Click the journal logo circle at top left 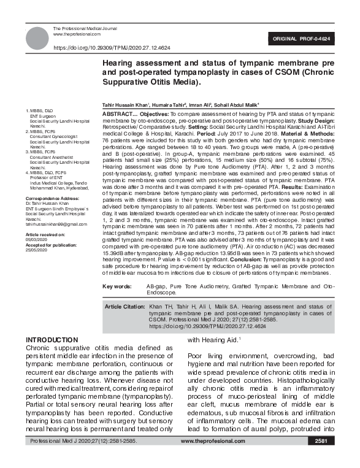point(37,37)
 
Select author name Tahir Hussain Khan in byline point(124,105)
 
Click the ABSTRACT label point(120,115)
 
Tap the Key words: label point(117,286)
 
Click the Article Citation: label point(124,305)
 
